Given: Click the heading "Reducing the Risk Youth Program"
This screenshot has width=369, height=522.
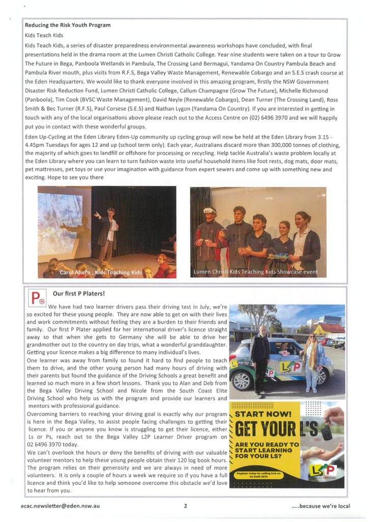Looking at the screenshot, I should [67, 25].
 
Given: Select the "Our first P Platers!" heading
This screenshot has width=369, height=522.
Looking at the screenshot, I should [79, 294].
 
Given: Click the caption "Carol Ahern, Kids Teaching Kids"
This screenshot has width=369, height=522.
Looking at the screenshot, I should [100, 273].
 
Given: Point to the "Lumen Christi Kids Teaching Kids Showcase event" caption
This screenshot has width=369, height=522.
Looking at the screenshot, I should [255, 272].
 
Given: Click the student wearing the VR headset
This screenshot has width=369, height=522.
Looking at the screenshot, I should [209, 235].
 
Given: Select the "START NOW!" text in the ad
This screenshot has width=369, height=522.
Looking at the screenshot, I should [263, 414].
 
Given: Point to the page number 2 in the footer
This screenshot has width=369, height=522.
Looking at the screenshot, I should [186, 506].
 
